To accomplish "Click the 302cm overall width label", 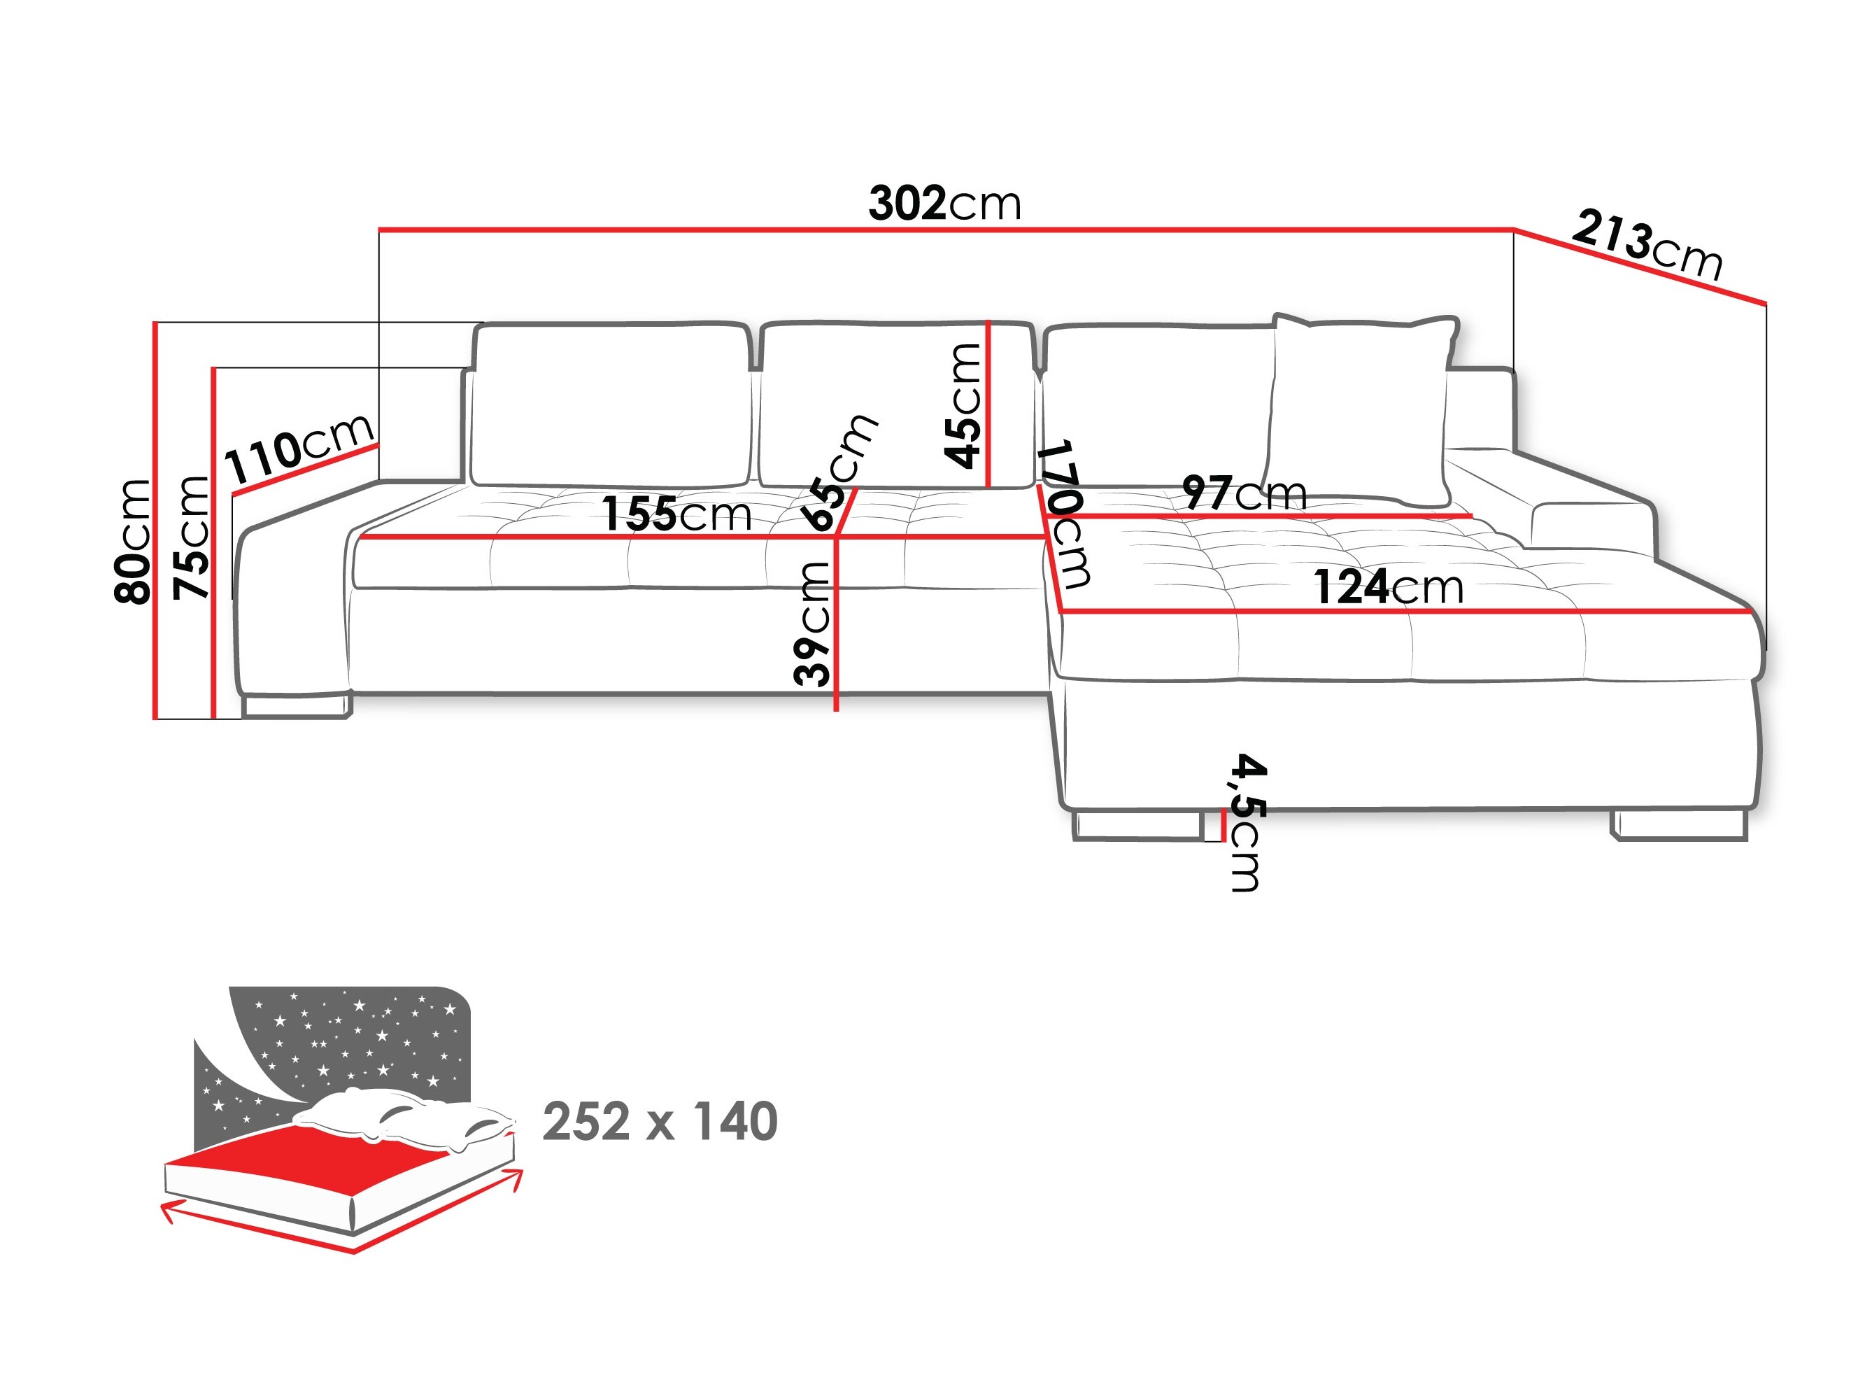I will tap(944, 204).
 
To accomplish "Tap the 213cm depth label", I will tap(1646, 246).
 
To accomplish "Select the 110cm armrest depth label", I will tap(299, 449).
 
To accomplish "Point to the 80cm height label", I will tap(132, 541).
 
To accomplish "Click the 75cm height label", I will tap(191, 537).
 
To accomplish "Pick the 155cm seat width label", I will tap(676, 514).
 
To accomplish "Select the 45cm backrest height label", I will tap(963, 405).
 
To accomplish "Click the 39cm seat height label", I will tap(812, 624).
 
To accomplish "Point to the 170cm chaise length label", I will tap(1065, 512).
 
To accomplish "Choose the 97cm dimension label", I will tap(1244, 493).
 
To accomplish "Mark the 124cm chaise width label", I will tap(1388, 586).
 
